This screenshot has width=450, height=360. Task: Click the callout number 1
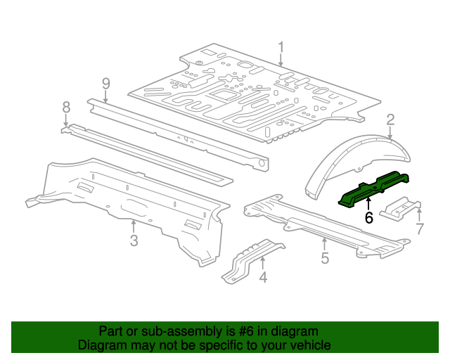coord(281,47)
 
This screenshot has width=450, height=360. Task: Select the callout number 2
coord(390,120)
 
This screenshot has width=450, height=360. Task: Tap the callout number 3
coord(134,241)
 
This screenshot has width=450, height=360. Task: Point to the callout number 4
coord(263,277)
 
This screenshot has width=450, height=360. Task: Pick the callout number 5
coord(324,258)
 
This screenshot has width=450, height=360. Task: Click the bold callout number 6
coord(368,218)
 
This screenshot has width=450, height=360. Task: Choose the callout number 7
coord(419,228)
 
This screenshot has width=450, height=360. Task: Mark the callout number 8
coord(66,107)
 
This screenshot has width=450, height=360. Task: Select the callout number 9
coord(105,84)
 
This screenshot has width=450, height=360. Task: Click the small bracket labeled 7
coord(399,210)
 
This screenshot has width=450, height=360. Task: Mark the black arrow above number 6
coord(368,204)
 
